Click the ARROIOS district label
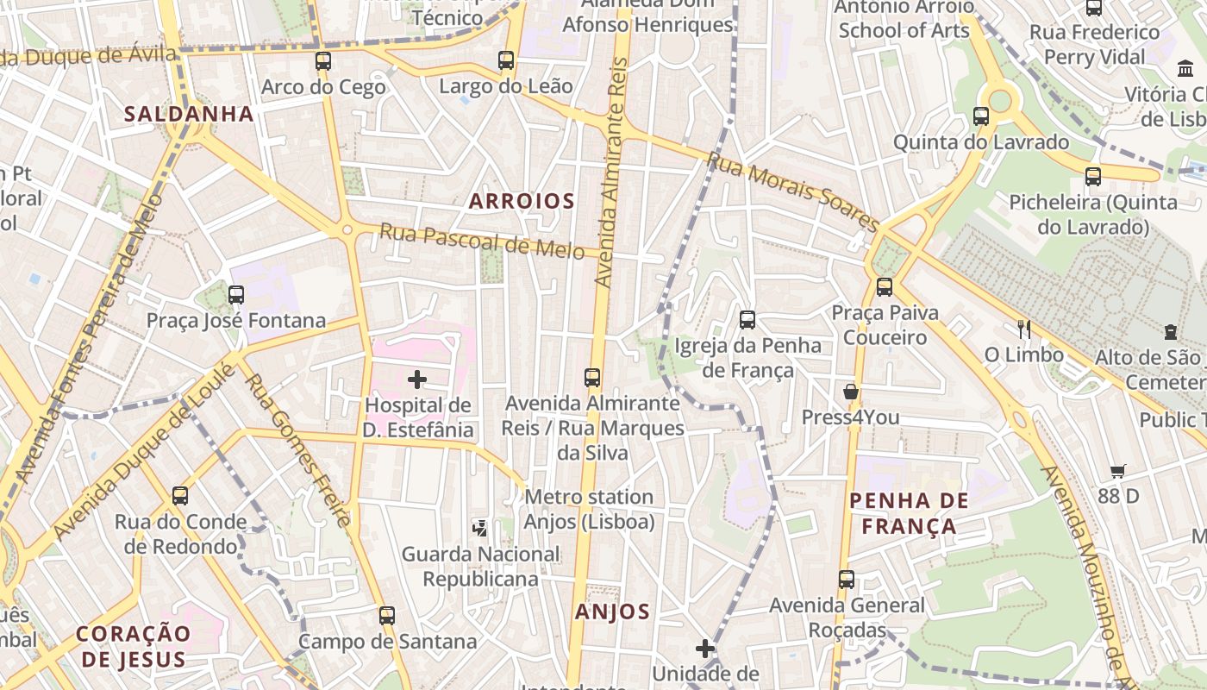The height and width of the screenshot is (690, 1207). (x=522, y=201)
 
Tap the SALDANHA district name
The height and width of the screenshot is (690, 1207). (x=189, y=113)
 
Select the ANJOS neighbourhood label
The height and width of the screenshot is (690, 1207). (x=612, y=612)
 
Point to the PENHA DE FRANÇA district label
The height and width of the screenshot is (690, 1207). (x=909, y=513)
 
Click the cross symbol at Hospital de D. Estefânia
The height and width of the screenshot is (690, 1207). (x=417, y=379)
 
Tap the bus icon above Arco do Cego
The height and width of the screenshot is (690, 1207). (x=323, y=61)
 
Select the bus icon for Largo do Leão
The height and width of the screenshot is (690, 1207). (x=506, y=60)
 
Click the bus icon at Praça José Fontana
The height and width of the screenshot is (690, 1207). (x=236, y=295)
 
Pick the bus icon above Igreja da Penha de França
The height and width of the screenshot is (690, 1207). (x=747, y=320)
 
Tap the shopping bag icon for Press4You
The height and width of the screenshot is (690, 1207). (x=851, y=392)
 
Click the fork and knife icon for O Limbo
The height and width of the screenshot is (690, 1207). (x=1024, y=329)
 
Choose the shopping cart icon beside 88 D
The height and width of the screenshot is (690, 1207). (x=1118, y=471)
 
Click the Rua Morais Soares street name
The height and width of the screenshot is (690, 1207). (x=792, y=191)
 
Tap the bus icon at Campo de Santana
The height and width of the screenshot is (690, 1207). (x=387, y=616)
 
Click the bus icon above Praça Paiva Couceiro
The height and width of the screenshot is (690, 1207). (x=885, y=287)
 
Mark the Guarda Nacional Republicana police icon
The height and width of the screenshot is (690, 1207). (x=480, y=528)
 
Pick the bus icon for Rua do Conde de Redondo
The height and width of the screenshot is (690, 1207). (x=180, y=496)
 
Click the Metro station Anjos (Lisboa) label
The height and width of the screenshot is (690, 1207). (x=589, y=509)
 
